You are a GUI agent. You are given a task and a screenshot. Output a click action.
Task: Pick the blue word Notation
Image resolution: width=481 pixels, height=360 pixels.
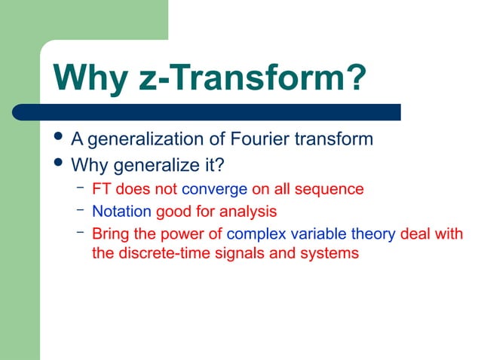point(121,212)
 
